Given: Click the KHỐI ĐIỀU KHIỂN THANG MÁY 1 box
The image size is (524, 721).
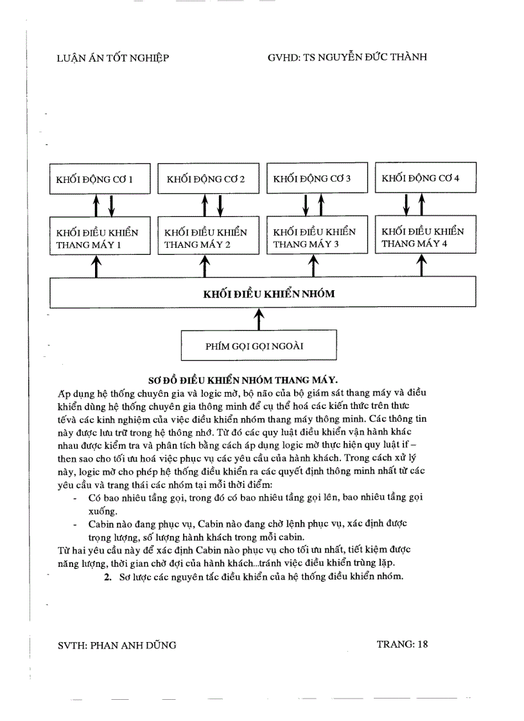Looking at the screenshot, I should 100,238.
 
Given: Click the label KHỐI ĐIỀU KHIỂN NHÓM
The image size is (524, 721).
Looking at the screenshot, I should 268,294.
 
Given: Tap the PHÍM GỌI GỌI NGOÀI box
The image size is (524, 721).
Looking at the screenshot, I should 259,346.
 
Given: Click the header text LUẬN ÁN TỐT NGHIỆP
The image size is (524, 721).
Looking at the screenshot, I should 112,58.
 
